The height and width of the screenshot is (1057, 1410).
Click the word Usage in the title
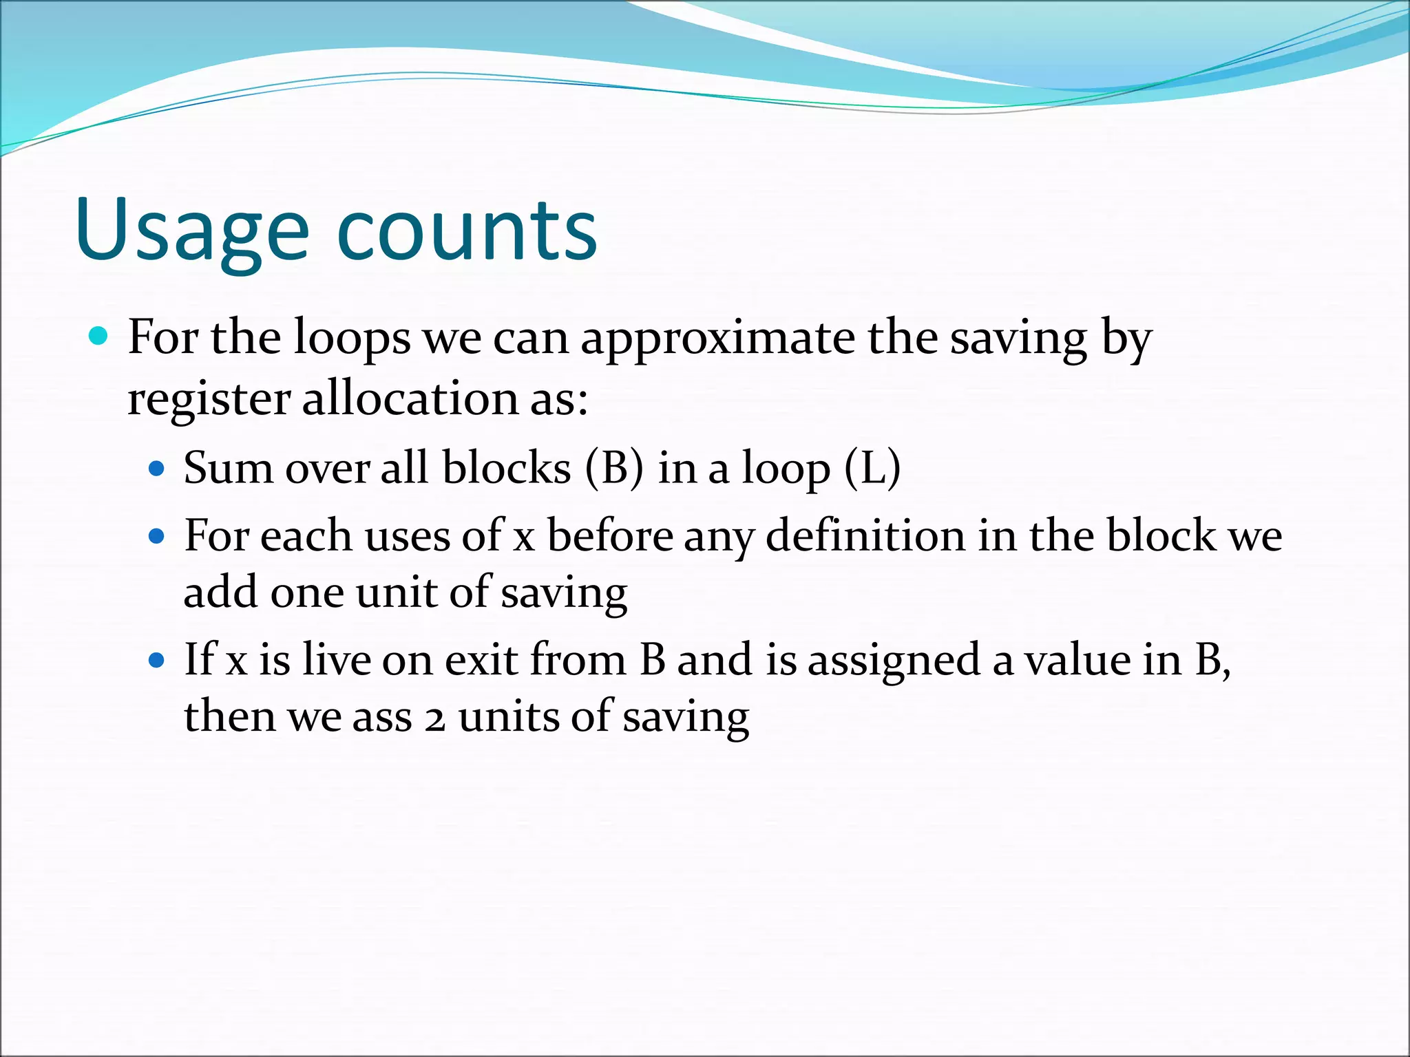(192, 231)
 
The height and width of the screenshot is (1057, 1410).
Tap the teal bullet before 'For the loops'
(98, 337)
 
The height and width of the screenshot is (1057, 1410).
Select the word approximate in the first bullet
(717, 339)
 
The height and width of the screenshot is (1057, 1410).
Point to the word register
(208, 399)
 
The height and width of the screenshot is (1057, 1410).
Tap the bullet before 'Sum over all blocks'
(157, 469)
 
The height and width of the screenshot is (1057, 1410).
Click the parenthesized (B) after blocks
(614, 468)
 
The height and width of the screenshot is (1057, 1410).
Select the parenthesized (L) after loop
(872, 468)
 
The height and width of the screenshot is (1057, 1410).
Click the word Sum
(228, 468)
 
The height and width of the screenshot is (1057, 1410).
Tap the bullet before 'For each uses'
(157, 536)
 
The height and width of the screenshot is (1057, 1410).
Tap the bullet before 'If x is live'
(157, 661)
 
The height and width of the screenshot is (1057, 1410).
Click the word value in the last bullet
(1077, 659)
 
